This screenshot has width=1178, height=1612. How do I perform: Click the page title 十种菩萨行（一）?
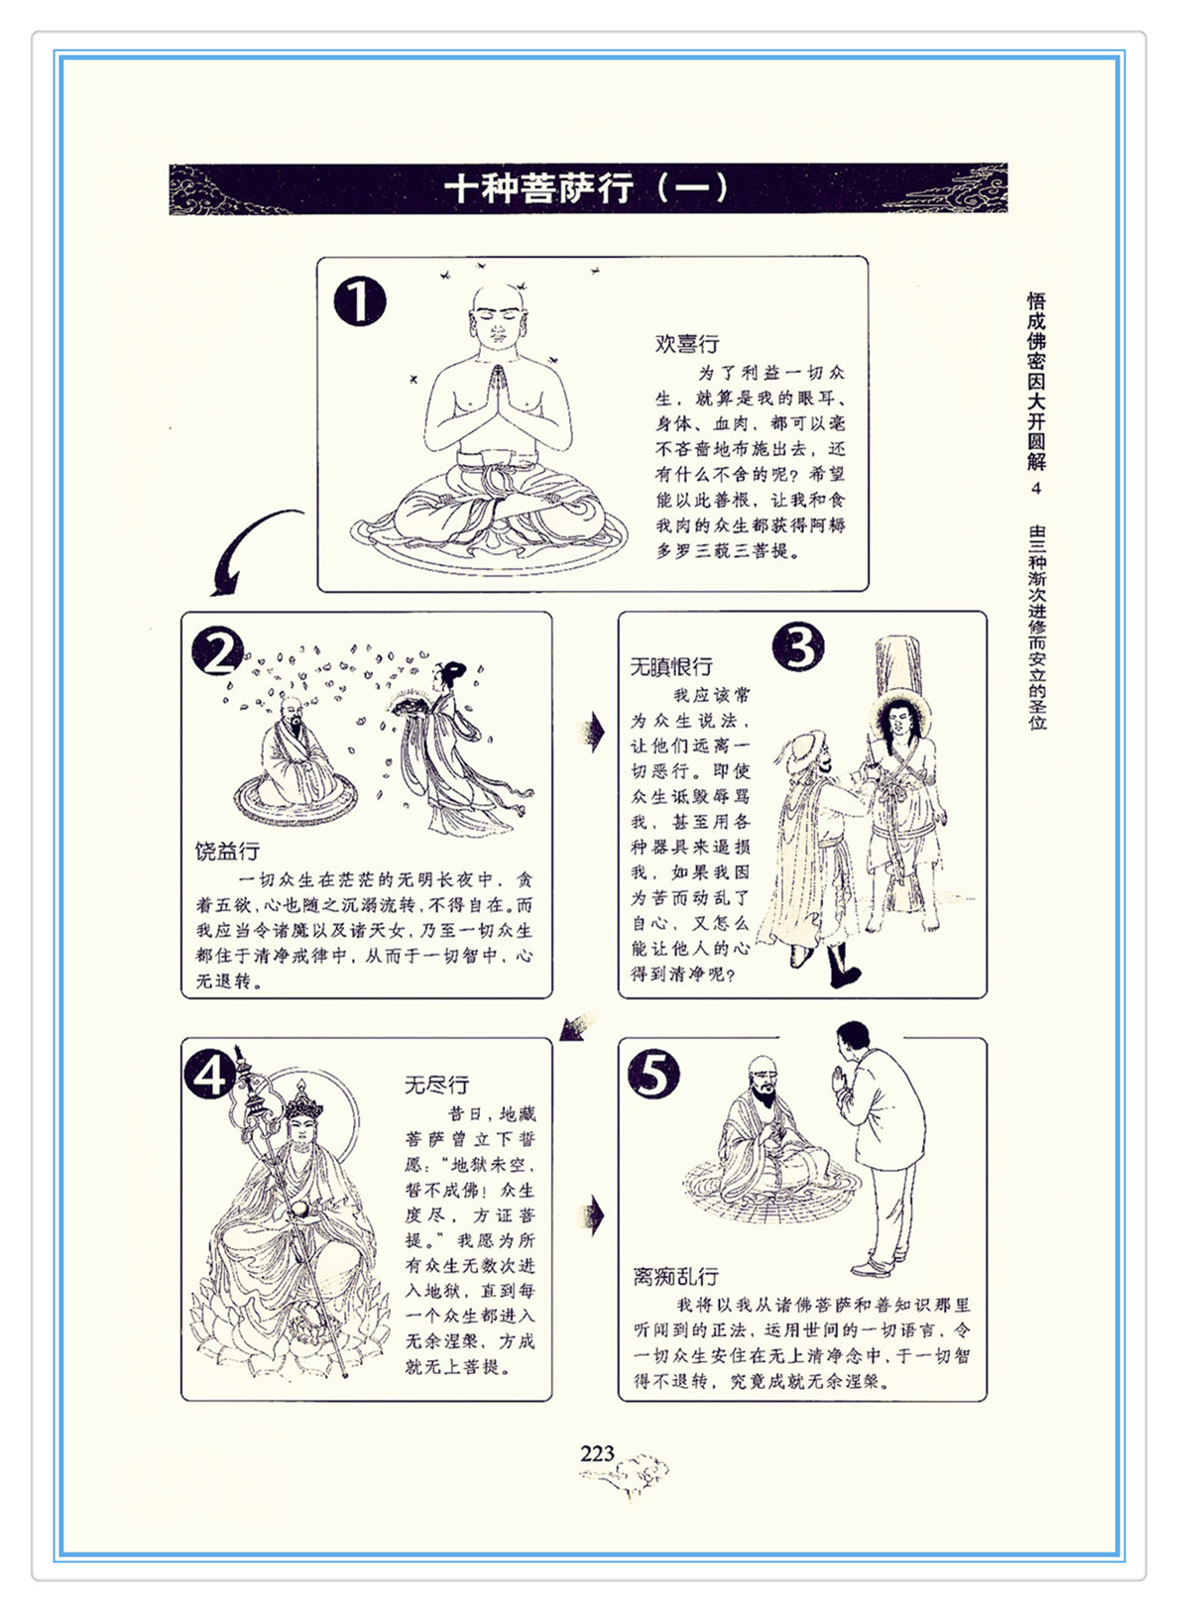tap(586, 189)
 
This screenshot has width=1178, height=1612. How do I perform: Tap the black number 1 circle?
tap(360, 302)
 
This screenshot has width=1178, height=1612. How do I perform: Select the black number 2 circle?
tap(217, 651)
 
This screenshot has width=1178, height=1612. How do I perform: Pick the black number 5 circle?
tap(653, 1075)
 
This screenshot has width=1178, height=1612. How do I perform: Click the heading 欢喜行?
tap(686, 344)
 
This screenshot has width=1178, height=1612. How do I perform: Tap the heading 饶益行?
tap(227, 852)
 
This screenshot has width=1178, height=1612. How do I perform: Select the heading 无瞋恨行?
tap(671, 667)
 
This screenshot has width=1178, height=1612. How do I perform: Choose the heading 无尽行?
tap(437, 1085)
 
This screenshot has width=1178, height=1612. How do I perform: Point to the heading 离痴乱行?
tap(675, 1277)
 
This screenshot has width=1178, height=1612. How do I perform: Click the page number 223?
tap(597, 1454)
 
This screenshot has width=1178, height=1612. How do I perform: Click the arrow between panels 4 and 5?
tap(593, 1216)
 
